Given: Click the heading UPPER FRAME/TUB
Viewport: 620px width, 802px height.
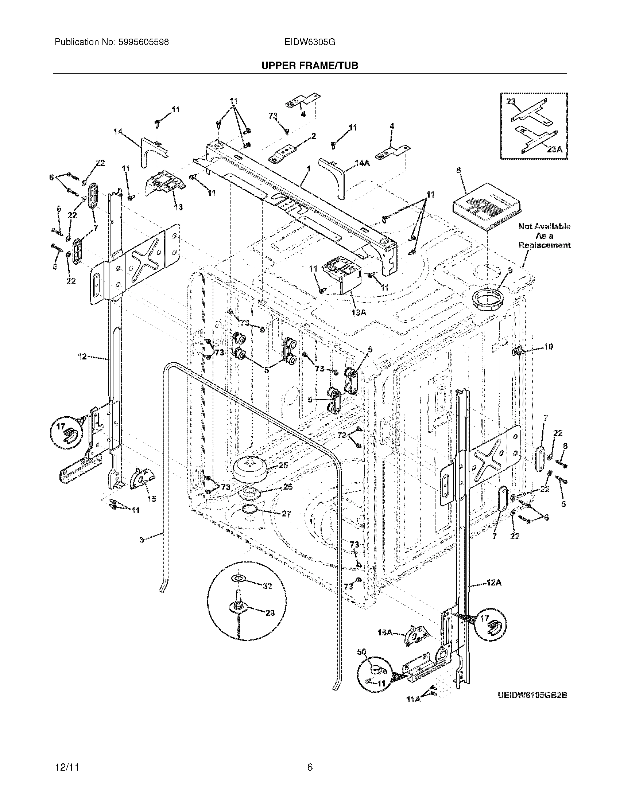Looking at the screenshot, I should click(310, 65).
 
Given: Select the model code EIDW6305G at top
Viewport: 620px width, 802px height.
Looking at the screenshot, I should click(309, 42).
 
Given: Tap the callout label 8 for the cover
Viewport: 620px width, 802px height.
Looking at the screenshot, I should click(459, 170).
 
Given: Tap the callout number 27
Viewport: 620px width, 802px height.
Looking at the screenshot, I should click(286, 514).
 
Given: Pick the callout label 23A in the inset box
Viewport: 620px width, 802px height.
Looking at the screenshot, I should click(554, 149).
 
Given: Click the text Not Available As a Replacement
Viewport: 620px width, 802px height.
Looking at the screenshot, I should click(545, 236).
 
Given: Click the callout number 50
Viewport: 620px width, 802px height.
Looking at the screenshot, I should click(361, 652).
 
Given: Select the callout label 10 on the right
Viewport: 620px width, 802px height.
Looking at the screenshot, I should click(548, 346).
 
